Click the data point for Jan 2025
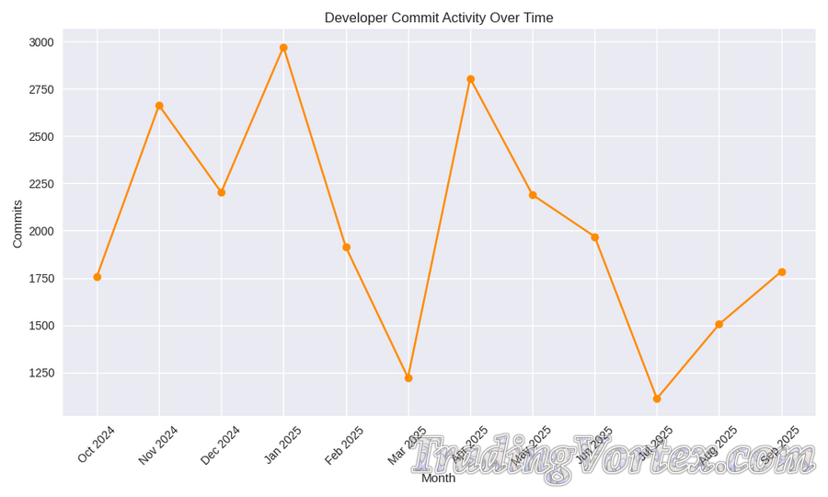[283, 48]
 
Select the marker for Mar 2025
[408, 378]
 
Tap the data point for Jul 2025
[657, 399]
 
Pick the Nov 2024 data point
[159, 106]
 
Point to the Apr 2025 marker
[470, 79]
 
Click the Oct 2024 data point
[98, 277]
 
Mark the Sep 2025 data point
[782, 272]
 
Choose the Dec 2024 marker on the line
[222, 192]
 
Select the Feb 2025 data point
[346, 248]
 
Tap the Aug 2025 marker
[719, 324]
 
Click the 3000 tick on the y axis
[41, 42]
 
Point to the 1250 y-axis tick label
[41, 373]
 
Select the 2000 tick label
[41, 231]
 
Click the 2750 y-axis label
[41, 89]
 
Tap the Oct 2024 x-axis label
[97, 444]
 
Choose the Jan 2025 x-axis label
[283, 445]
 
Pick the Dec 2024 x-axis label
[221, 445]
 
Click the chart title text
[439, 17]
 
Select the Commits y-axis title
[17, 224]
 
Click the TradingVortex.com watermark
[612, 457]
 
